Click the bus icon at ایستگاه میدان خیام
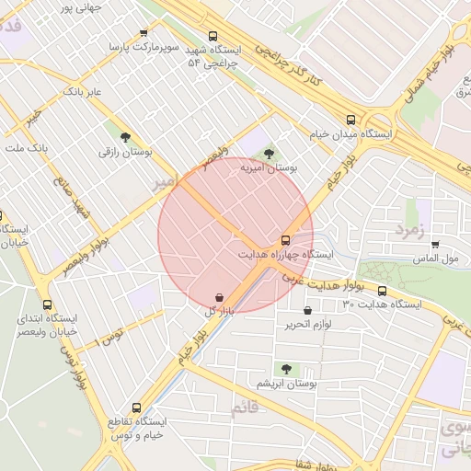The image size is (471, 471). coord(350,120)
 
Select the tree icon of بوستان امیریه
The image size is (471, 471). coord(268,155)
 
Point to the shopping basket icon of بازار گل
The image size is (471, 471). coord(218,298)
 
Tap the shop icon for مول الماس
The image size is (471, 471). coord(434,245)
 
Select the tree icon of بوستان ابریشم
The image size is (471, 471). coord(286,368)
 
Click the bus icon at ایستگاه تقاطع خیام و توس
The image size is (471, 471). coord(137,407)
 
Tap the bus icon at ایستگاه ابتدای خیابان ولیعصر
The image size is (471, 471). coord(47,304)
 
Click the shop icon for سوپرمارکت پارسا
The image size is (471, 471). coord(144,32)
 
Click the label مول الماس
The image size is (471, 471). coord(436,260)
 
